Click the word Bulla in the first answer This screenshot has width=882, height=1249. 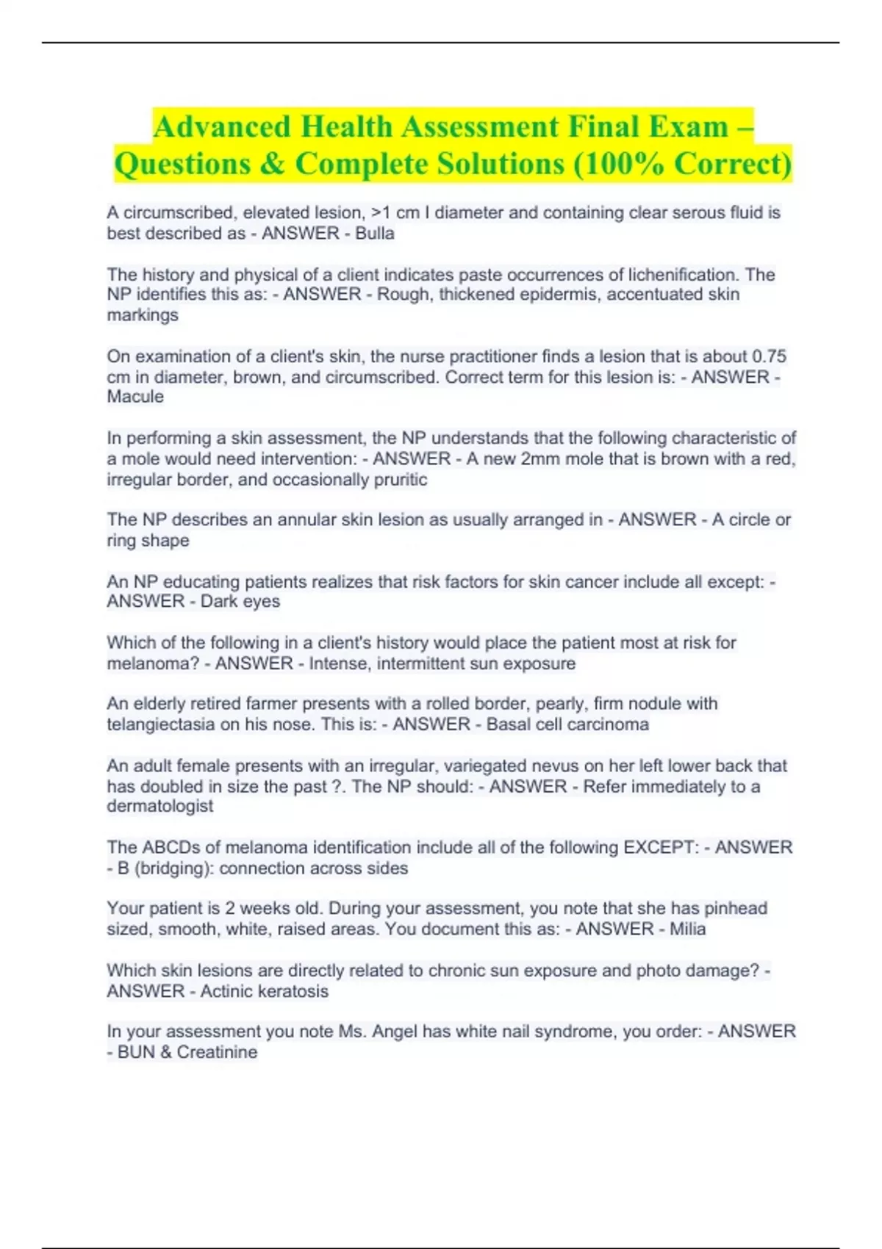tap(375, 234)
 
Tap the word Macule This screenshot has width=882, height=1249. tap(135, 397)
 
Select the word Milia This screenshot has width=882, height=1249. tap(687, 929)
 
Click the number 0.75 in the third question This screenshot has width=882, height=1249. tap(769, 356)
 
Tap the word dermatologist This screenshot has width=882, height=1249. tap(160, 806)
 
